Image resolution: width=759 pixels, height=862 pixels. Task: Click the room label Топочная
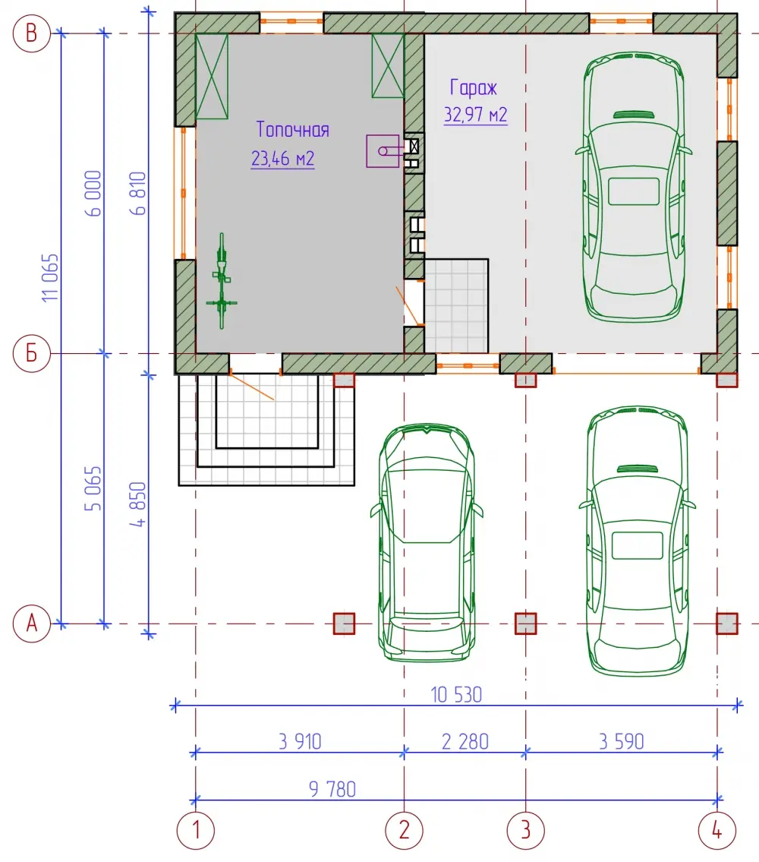coord(293,130)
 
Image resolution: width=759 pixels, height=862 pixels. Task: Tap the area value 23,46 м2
coord(282,158)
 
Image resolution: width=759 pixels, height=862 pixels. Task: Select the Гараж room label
coord(473,87)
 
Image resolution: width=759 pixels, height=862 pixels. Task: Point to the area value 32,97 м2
coord(475,115)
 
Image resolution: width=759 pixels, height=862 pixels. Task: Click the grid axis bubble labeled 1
coord(196,830)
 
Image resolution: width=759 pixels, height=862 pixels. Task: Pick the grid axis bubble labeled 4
coord(716,830)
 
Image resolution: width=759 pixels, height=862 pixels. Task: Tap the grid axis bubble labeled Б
coord(31,353)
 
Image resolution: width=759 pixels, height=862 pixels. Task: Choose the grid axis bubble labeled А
coord(31,624)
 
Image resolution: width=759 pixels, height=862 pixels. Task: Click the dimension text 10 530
coord(456,695)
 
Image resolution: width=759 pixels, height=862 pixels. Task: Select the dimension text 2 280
coord(465,741)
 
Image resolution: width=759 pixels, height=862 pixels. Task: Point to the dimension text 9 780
coord(332,789)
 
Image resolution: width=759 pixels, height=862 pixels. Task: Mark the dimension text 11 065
coord(50,278)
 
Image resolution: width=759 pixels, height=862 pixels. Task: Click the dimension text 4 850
coord(138,504)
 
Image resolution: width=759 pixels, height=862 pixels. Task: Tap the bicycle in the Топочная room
coord(222,281)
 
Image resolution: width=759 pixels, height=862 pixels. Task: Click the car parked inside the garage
coord(634,187)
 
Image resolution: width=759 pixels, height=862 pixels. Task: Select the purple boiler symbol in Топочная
coord(383,151)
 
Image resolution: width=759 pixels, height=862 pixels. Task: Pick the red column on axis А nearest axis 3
coord(525,624)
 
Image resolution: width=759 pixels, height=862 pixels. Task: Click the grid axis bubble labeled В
coord(31,33)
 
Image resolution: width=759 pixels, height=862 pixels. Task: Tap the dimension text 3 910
coord(300,741)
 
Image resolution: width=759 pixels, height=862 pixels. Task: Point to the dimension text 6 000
coord(93,194)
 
